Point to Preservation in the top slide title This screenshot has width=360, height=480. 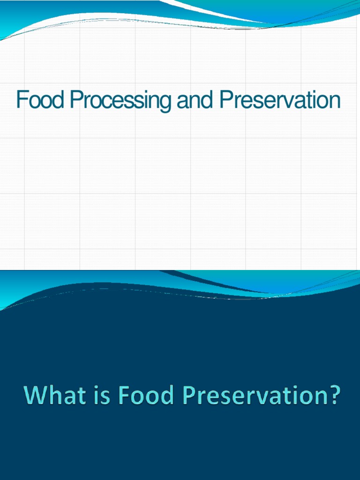point(279,101)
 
